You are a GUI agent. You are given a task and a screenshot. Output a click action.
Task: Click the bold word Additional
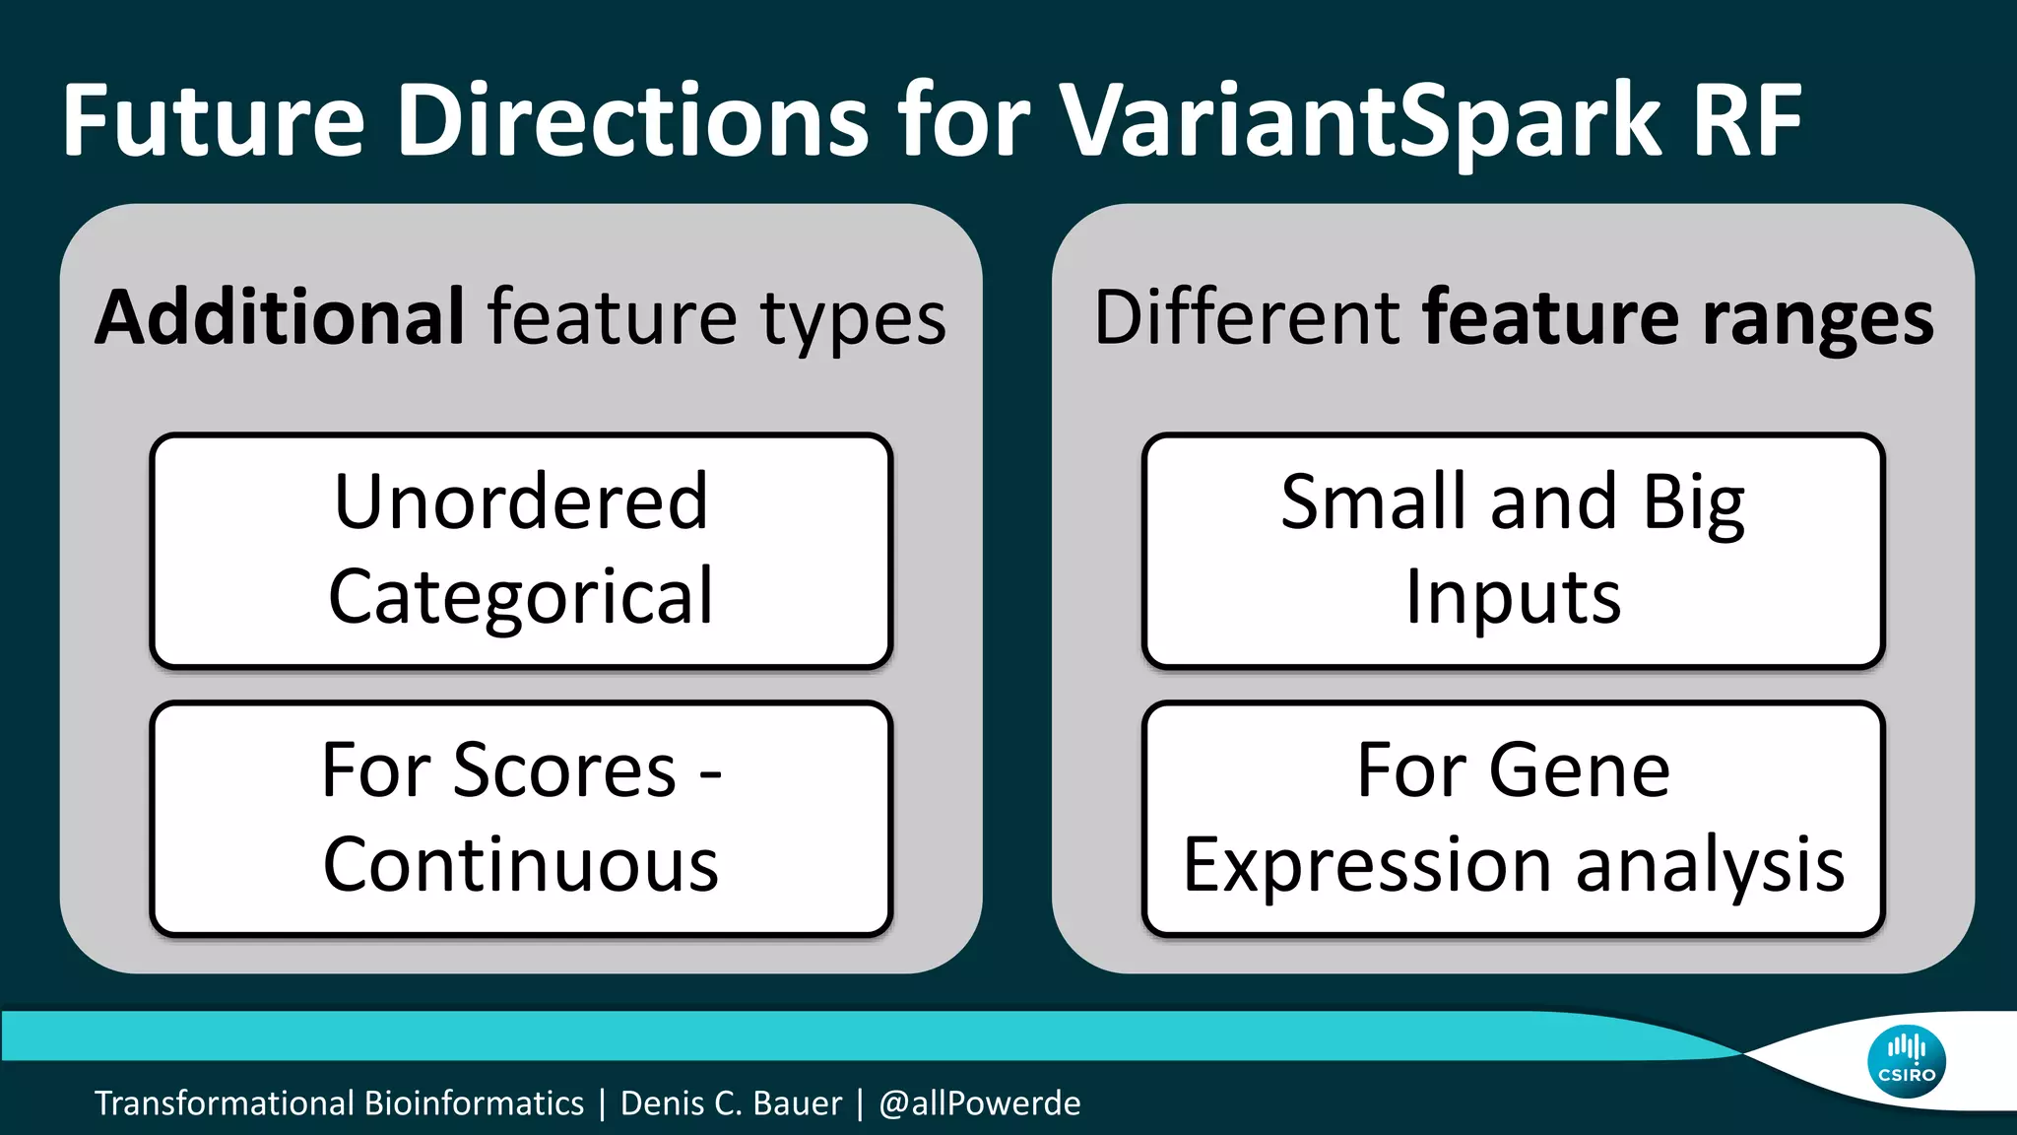tap(280, 317)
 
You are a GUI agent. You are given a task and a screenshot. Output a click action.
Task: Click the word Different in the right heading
tap(1247, 317)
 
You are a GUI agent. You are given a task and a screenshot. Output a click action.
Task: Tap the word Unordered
tap(521, 501)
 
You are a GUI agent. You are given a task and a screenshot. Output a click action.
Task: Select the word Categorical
tap(521, 598)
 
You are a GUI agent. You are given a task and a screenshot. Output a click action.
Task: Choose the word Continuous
tap(521, 865)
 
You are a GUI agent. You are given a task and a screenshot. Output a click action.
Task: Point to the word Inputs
tap(1513, 598)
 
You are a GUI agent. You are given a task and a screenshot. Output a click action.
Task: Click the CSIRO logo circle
tap(1907, 1062)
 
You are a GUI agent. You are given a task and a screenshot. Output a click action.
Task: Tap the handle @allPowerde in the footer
tap(980, 1103)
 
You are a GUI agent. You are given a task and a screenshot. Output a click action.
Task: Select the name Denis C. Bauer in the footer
tap(731, 1103)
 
